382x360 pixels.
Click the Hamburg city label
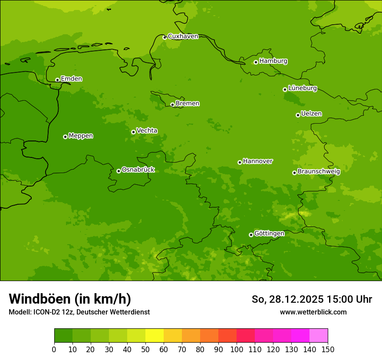(x=273, y=61)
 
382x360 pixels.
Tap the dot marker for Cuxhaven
(x=165, y=37)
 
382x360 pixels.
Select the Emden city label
(x=71, y=79)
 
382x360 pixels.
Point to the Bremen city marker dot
(x=172, y=105)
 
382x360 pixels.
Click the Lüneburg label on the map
(x=303, y=88)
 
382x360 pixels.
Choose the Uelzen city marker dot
(x=298, y=115)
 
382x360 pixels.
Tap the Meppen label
(x=81, y=136)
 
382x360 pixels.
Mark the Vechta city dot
(x=133, y=132)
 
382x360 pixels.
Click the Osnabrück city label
(x=138, y=170)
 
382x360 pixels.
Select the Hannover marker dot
(x=240, y=162)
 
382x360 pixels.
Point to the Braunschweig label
(x=319, y=172)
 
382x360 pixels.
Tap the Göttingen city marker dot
(x=251, y=235)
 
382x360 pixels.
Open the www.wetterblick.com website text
(x=313, y=312)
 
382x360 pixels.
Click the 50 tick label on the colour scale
(x=145, y=349)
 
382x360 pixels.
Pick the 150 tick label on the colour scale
(x=328, y=349)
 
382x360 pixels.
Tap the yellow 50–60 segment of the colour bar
(x=155, y=336)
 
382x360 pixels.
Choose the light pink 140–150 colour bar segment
(x=319, y=336)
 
